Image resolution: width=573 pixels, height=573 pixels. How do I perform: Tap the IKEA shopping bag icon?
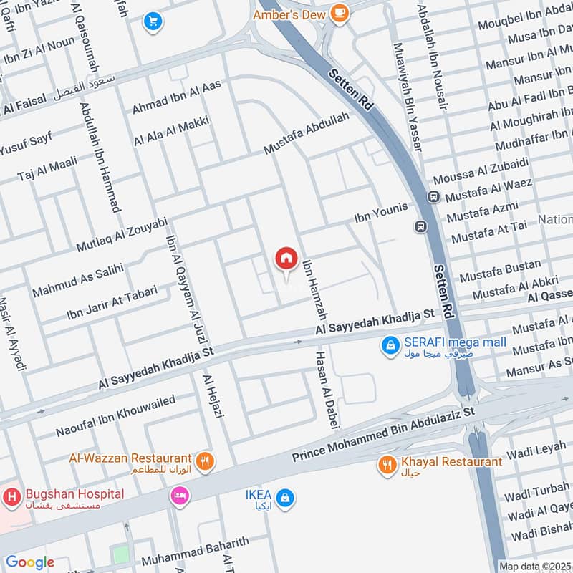tap(285, 497)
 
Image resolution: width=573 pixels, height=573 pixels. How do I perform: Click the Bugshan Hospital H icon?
tap(11, 495)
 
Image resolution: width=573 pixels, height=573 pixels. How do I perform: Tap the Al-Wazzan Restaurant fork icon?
tap(205, 462)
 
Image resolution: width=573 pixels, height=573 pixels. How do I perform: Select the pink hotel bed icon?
tap(178, 495)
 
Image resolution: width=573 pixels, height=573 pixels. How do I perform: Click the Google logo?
tap(29, 562)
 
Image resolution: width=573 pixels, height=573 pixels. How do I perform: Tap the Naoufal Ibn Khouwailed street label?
tap(115, 415)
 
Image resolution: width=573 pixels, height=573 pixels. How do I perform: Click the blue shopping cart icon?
tap(152, 21)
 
